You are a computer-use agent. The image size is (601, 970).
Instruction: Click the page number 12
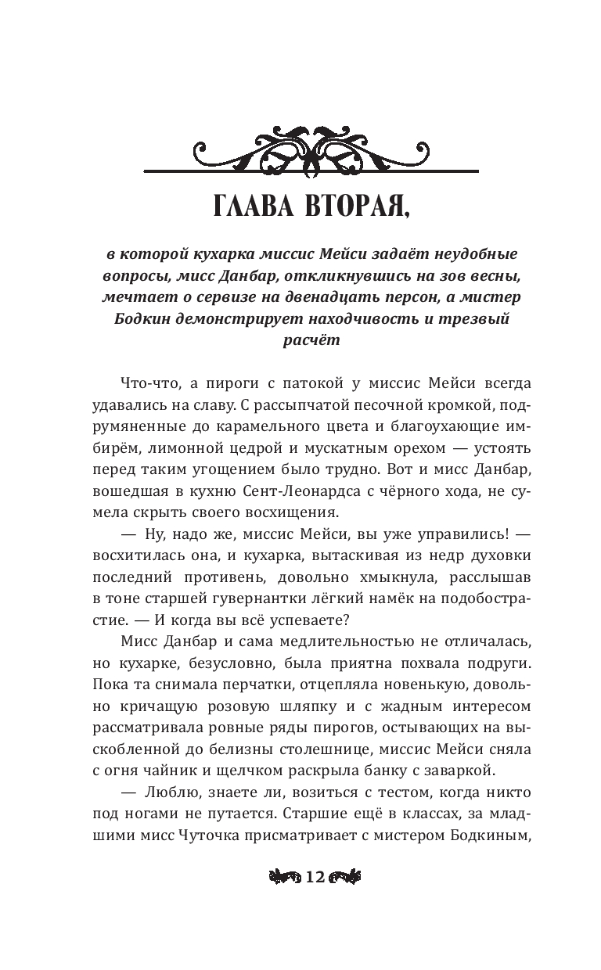coord(315,877)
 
